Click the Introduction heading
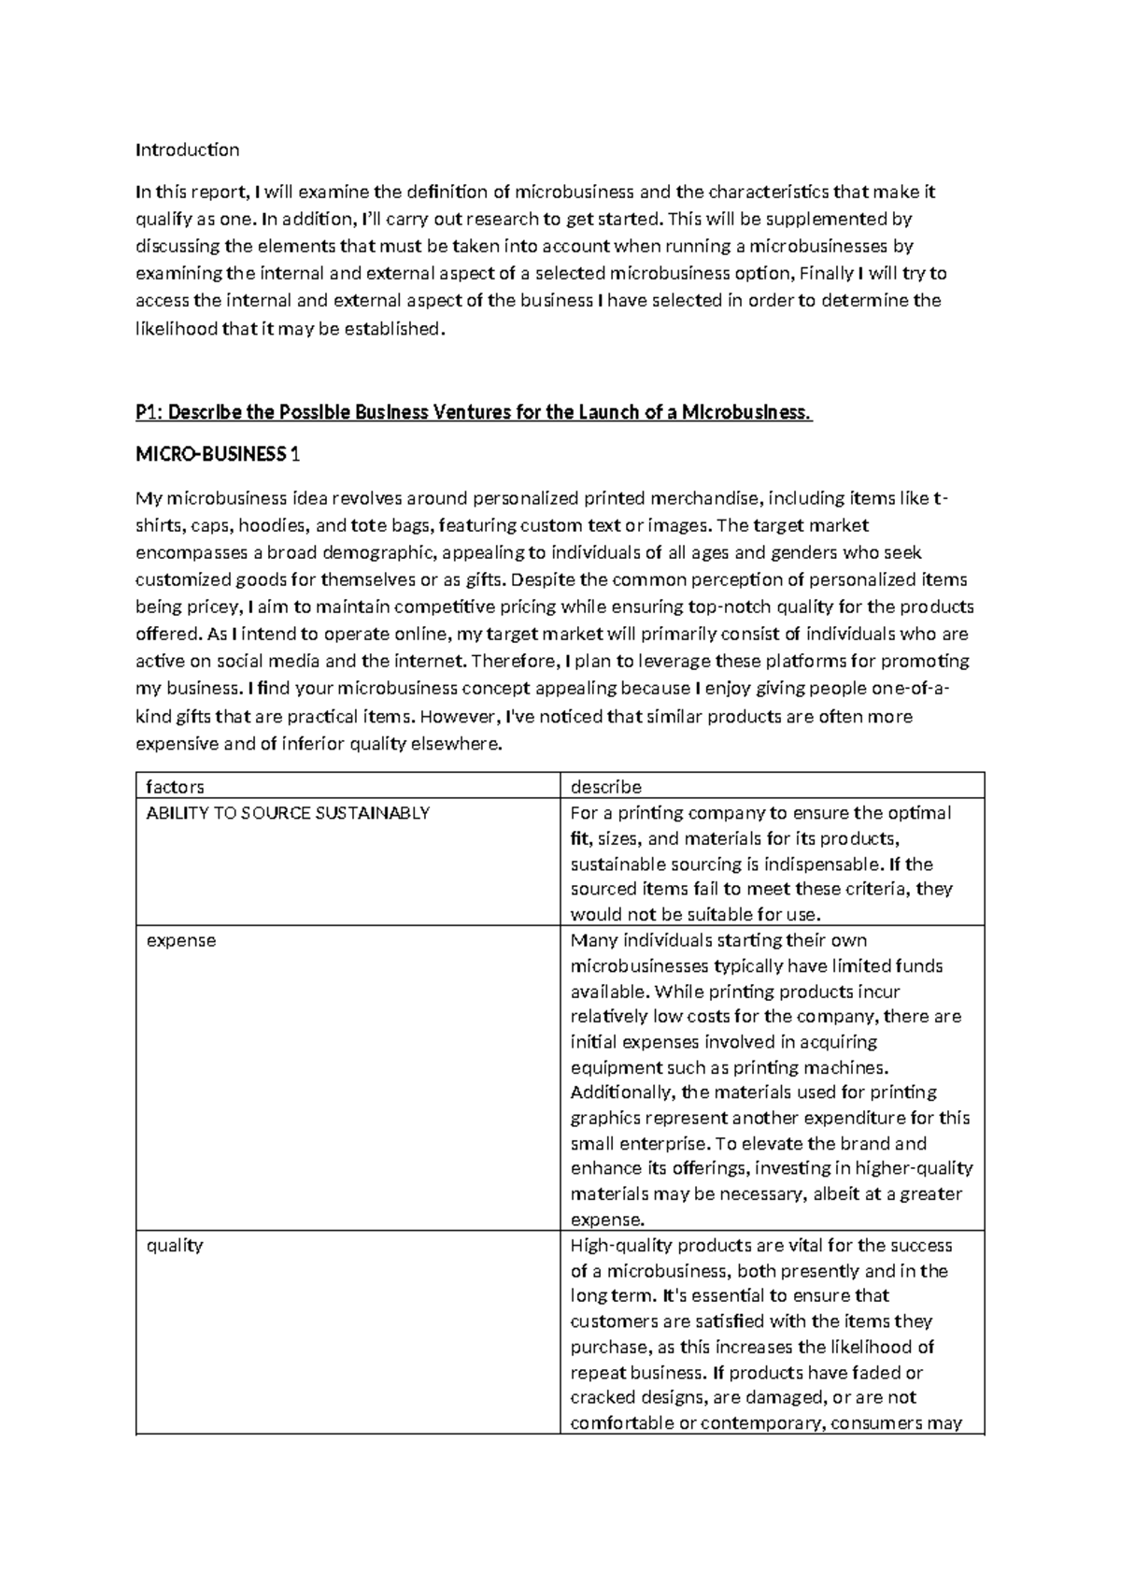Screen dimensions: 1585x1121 click(187, 150)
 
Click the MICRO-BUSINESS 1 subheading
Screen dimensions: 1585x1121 click(218, 455)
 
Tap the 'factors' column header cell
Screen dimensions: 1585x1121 click(175, 787)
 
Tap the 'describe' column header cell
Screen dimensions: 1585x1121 click(605, 787)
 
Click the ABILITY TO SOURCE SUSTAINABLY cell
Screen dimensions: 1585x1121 click(288, 813)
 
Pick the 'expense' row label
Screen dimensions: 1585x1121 click(181, 941)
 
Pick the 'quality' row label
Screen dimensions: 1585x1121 click(175, 1246)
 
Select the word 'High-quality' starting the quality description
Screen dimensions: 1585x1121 click(620, 1246)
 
